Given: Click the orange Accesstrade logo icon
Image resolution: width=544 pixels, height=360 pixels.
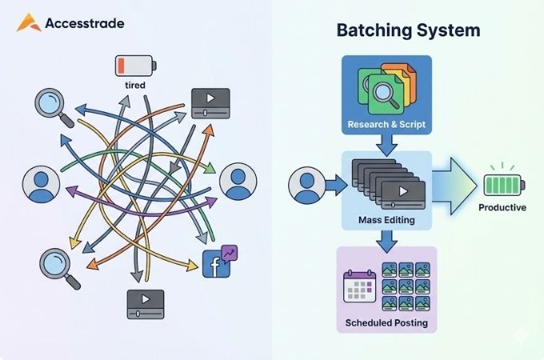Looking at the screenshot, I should pyautogui.click(x=29, y=22).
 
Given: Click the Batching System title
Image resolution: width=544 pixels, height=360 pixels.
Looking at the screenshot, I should pyautogui.click(x=408, y=31).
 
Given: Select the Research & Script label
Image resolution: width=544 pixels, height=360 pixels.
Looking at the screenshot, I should pyautogui.click(x=386, y=124).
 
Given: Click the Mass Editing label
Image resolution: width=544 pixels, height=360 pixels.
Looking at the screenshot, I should pyautogui.click(x=386, y=219).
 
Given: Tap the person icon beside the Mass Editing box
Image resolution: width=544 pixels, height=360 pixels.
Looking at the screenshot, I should pyautogui.click(x=304, y=185).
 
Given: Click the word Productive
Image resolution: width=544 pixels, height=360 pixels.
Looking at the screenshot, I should pyautogui.click(x=502, y=209).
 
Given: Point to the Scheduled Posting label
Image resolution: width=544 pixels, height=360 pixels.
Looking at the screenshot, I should pyautogui.click(x=386, y=324).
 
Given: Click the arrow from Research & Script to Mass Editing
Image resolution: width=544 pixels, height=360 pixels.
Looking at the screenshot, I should pyautogui.click(x=386, y=144).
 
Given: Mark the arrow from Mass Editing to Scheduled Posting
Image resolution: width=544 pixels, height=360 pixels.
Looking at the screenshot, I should pyautogui.click(x=386, y=238).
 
